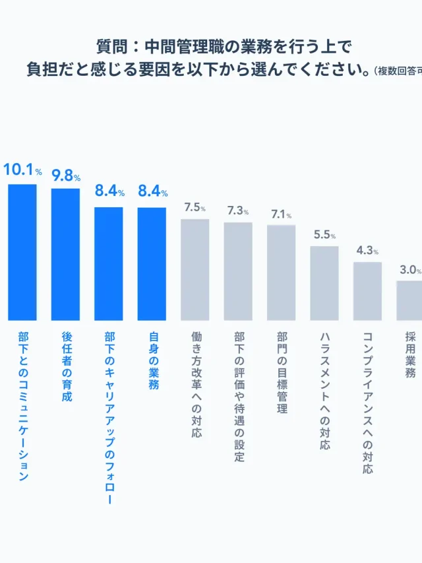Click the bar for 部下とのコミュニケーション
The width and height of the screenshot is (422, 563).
pos(22,252)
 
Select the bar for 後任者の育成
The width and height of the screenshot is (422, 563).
pos(65,254)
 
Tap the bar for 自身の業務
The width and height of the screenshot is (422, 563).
pos(152,264)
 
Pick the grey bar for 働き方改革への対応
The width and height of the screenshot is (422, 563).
pos(195,269)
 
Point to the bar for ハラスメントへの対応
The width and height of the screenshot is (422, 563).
pos(324,283)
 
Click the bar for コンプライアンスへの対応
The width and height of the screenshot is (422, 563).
pos(367,291)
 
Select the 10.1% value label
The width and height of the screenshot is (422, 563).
pos(22,170)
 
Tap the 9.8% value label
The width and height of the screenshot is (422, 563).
pos(66,176)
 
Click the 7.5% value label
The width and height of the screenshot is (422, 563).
pos(195,208)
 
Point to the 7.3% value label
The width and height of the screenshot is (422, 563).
pos(238,211)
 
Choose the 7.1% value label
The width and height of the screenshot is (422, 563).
pos(282,215)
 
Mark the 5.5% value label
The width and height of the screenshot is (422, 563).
pos(324,235)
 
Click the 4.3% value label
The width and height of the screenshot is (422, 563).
pos(367,251)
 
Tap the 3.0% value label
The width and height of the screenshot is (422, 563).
pos(409,270)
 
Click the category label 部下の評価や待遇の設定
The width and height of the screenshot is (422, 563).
pos(238,397)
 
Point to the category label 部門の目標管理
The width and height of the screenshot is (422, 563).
pos(282,373)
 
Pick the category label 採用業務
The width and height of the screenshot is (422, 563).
pos(410,354)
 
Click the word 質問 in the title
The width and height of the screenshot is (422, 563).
pos(111,47)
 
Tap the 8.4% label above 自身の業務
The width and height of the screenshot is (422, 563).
pos(152,191)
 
